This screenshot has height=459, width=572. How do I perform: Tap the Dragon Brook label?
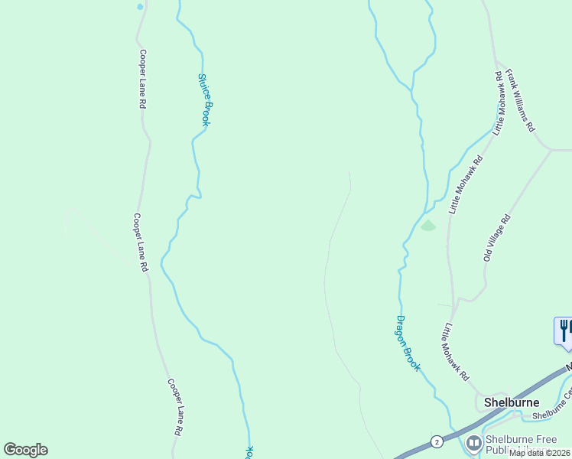[x=408, y=343]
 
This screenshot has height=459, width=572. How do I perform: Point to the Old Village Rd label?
[x=496, y=238]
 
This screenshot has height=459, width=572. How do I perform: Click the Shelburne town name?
[x=512, y=402]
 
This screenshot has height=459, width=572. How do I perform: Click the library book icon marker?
[x=474, y=442]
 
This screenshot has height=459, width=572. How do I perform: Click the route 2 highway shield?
[x=436, y=441]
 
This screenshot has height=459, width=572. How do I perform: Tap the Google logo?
[x=25, y=450]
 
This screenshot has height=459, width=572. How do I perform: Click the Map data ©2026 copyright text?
[x=539, y=453]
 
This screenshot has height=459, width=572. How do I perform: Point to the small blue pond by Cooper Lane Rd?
[x=139, y=7]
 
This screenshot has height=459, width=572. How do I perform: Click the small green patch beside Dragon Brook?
[x=427, y=225]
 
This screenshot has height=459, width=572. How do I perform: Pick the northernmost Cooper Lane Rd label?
[x=142, y=79]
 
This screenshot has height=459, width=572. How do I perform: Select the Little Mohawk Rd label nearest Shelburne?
[x=456, y=353]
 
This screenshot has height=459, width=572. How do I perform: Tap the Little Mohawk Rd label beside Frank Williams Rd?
[x=500, y=103]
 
